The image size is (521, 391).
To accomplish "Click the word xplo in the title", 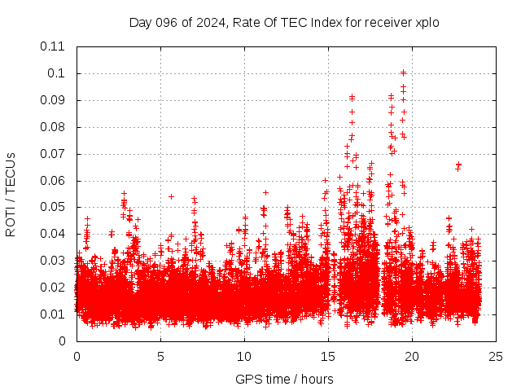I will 427,23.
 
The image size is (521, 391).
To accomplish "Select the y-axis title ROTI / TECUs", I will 11,194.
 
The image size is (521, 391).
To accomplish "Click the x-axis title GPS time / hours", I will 284,379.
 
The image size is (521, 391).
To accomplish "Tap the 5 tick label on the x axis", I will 160,356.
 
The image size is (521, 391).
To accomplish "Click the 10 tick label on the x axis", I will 244,356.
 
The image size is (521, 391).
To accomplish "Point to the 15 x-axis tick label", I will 328,356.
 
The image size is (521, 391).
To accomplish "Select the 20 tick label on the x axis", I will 412,356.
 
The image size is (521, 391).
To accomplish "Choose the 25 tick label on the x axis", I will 496,356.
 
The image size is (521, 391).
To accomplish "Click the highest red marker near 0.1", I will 403,72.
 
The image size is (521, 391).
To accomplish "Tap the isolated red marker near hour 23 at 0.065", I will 458,165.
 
